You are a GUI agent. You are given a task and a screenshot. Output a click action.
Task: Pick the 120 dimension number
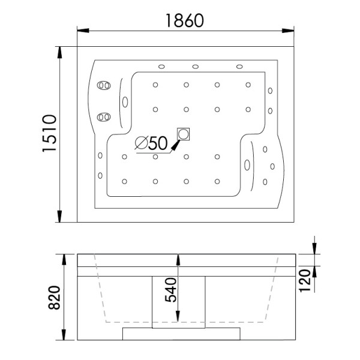306,279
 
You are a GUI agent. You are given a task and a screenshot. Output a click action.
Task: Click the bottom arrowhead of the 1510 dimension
61,218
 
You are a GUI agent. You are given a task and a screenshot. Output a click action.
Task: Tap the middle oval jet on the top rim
196,66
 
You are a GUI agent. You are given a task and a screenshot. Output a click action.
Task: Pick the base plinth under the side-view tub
182,333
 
